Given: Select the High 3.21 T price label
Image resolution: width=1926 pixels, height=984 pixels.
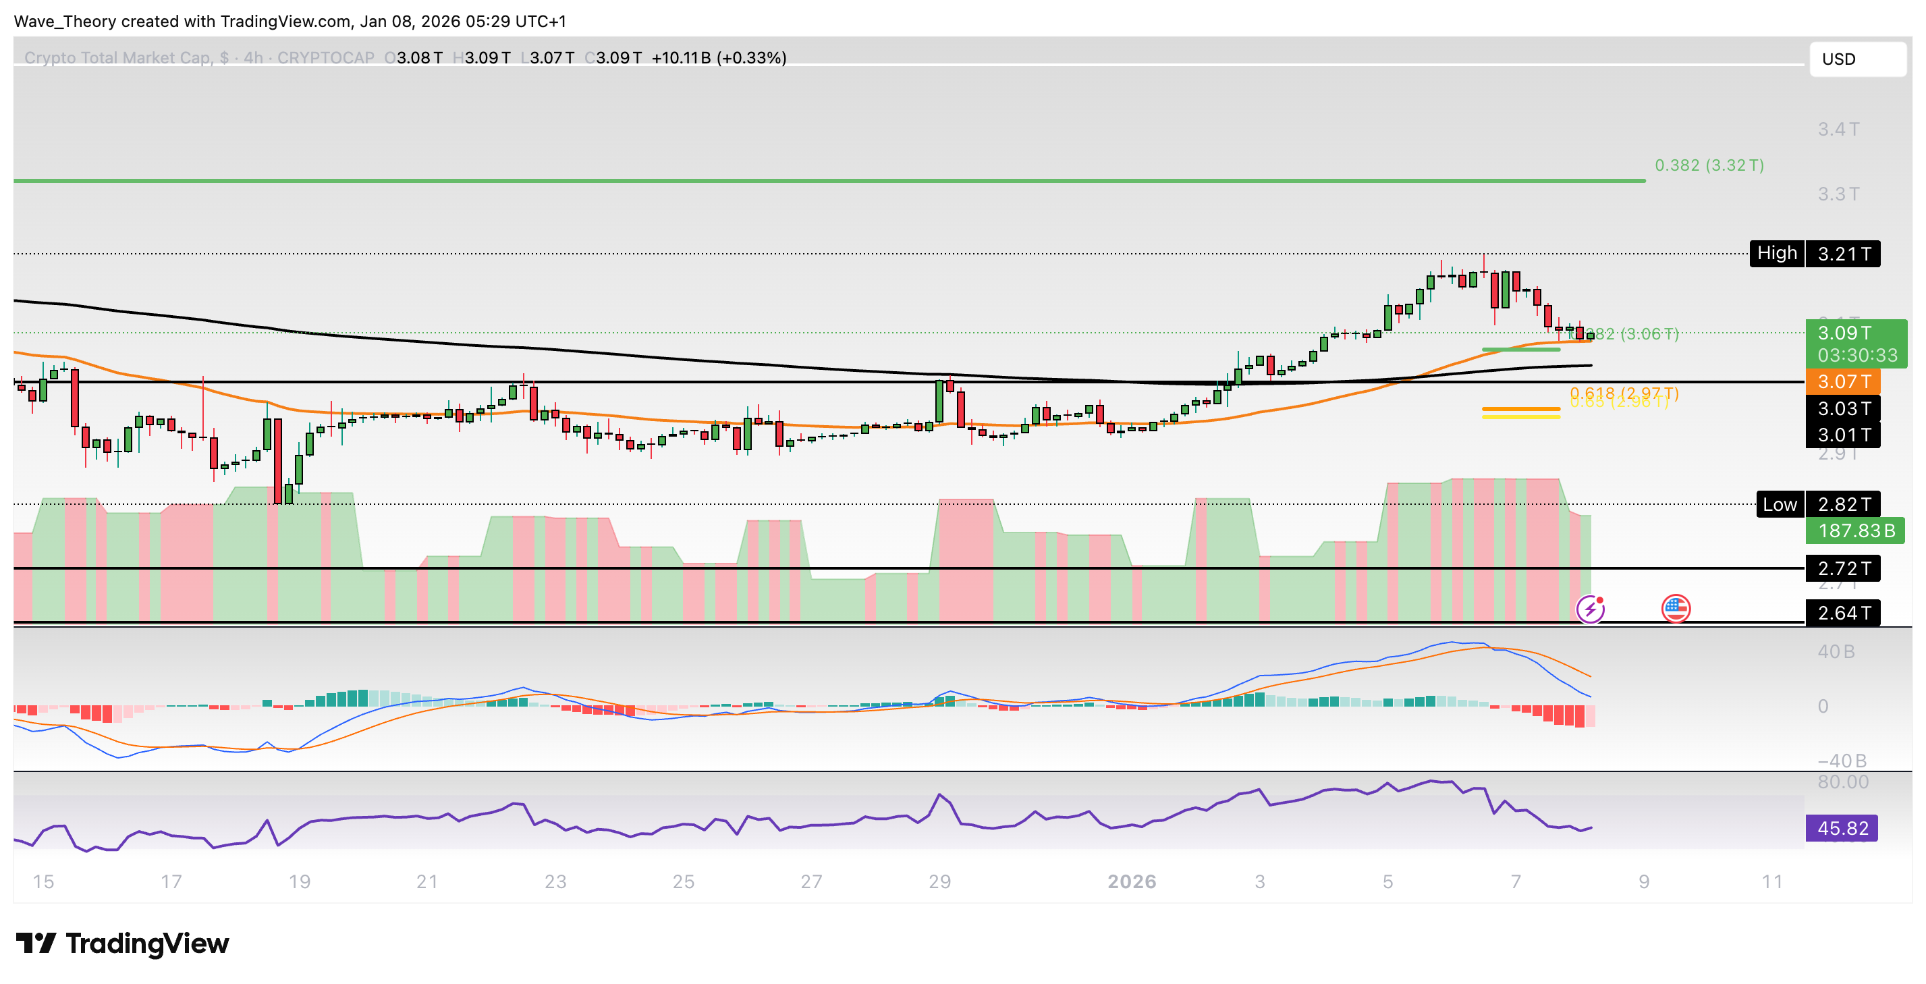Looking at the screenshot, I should pyautogui.click(x=1814, y=254).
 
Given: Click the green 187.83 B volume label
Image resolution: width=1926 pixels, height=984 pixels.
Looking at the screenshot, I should pyautogui.click(x=1855, y=531).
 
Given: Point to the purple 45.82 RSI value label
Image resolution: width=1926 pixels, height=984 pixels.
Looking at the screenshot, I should pyautogui.click(x=1842, y=829).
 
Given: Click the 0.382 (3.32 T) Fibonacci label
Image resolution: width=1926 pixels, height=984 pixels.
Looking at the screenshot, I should pyautogui.click(x=1709, y=165).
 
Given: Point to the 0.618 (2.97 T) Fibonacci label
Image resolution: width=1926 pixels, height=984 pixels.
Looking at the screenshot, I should pyautogui.click(x=1623, y=393).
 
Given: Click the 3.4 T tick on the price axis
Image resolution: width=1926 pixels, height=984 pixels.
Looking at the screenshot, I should pyautogui.click(x=1838, y=130).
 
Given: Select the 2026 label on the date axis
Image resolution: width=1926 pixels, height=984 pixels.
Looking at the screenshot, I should pyautogui.click(x=1131, y=881).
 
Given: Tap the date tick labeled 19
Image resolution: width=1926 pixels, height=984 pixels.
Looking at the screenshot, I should pyautogui.click(x=299, y=881).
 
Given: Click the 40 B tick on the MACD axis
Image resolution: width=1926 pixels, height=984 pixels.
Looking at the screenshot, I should pyautogui.click(x=1836, y=652).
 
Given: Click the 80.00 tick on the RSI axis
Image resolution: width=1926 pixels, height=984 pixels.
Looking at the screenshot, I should pyautogui.click(x=1842, y=782).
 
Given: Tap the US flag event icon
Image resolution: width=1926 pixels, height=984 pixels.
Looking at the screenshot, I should pyautogui.click(x=1676, y=609).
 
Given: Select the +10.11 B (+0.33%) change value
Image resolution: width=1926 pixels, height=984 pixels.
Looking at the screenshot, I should pyautogui.click(x=719, y=58).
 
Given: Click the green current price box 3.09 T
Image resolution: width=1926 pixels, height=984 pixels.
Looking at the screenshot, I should pyautogui.click(x=1856, y=344).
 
